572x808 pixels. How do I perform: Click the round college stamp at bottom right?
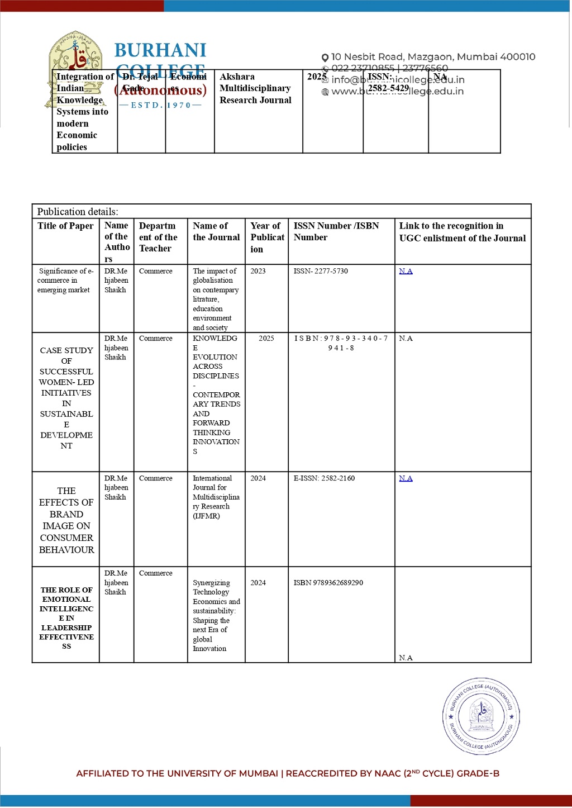tap(481, 716)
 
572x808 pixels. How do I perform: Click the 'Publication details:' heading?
tap(78, 212)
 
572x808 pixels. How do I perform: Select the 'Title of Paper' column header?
tap(65, 226)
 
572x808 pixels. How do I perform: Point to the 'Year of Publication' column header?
tap(266, 237)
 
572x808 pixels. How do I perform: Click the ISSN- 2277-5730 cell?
tap(321, 271)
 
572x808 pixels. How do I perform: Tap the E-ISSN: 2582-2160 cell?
tap(324, 478)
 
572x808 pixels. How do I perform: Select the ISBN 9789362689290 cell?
tap(328, 583)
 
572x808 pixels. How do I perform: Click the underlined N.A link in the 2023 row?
tap(406, 271)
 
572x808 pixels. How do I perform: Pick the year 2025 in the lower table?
tap(266, 339)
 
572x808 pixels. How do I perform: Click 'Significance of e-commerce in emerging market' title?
tap(65, 281)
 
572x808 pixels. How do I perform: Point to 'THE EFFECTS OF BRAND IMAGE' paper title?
tap(66, 520)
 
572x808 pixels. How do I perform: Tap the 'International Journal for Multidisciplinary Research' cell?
tap(216, 497)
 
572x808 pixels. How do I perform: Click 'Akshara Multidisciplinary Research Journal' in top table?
tap(255, 88)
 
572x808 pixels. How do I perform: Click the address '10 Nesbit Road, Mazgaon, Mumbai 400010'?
tap(433, 57)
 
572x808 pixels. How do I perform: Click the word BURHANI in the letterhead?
tap(160, 50)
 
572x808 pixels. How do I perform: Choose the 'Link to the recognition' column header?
tap(462, 232)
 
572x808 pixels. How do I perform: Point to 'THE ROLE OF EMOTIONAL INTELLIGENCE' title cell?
tap(66, 618)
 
